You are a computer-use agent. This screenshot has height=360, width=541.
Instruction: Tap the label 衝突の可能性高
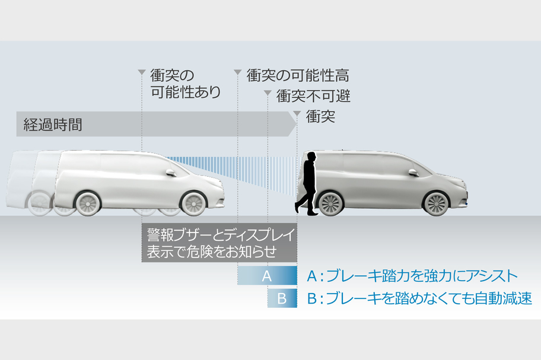[x=297, y=75]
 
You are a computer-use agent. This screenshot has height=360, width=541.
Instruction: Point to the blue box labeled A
[x=267, y=275]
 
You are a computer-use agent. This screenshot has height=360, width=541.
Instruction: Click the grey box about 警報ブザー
[x=219, y=242]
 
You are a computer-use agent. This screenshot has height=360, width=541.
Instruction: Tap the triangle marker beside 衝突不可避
[x=268, y=94]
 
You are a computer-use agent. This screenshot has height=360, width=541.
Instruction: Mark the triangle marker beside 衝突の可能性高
[x=237, y=73]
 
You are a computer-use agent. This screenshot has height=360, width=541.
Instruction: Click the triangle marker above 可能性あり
[x=142, y=73]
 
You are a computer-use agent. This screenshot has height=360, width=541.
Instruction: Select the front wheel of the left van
[x=193, y=203]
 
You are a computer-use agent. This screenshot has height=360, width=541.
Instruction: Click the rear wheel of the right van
[x=332, y=203]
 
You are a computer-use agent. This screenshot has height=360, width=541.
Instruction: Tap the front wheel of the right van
[x=436, y=203]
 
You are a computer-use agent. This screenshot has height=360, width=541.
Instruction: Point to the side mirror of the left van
[x=170, y=173]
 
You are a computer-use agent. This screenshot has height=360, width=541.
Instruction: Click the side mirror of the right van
[x=413, y=172]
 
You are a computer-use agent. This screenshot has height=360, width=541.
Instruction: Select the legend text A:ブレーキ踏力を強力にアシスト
[x=412, y=276]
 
